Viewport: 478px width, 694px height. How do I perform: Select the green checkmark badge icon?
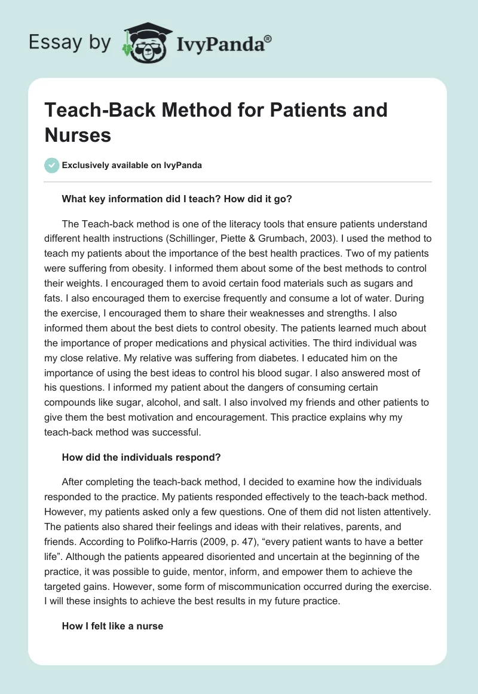tap(52, 165)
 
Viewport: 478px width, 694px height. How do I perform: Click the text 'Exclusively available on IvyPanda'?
tap(131, 165)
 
